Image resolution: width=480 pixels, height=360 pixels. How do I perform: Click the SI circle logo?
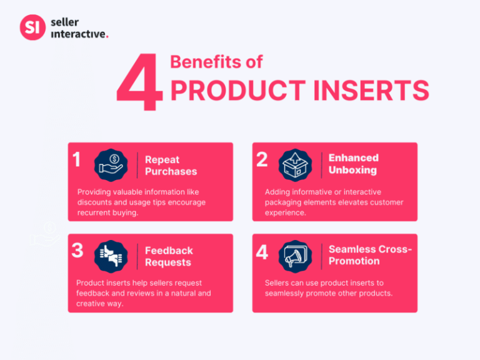[32, 28]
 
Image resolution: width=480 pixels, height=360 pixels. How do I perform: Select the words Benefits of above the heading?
[216, 62]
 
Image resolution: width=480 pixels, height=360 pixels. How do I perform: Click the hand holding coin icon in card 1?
[111, 165]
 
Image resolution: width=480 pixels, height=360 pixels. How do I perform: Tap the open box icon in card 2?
[294, 165]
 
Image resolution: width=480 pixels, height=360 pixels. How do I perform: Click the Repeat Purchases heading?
[171, 166]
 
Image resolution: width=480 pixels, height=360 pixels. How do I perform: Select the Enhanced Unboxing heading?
[353, 164]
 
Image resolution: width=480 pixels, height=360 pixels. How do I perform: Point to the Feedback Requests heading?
[169, 257]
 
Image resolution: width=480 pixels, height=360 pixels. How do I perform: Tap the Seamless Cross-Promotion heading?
[370, 255]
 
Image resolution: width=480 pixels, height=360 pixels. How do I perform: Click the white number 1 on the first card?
[76, 160]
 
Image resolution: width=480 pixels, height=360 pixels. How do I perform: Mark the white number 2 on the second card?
[262, 160]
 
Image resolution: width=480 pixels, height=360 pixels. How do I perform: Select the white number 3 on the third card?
[77, 251]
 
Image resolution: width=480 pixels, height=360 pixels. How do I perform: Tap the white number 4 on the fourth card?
[262, 252]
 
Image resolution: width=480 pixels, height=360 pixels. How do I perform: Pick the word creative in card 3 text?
[93, 304]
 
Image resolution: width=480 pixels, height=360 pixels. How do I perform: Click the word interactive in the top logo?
[79, 34]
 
